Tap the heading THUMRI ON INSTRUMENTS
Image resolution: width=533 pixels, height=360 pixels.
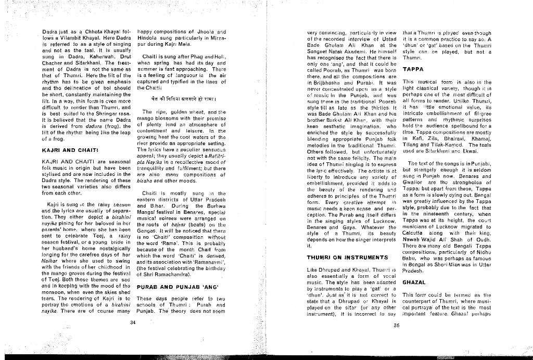point(347,258)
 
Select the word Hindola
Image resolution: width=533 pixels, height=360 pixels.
point(149,38)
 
